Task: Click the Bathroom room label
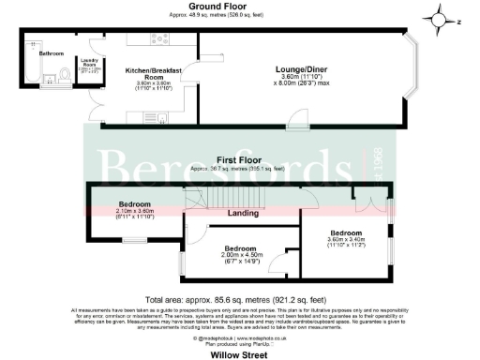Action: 51,54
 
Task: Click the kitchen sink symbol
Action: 161,117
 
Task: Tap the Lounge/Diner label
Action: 301,68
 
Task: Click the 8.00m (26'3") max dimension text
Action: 301,84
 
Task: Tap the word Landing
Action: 243,214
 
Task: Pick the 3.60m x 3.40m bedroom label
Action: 345,238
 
